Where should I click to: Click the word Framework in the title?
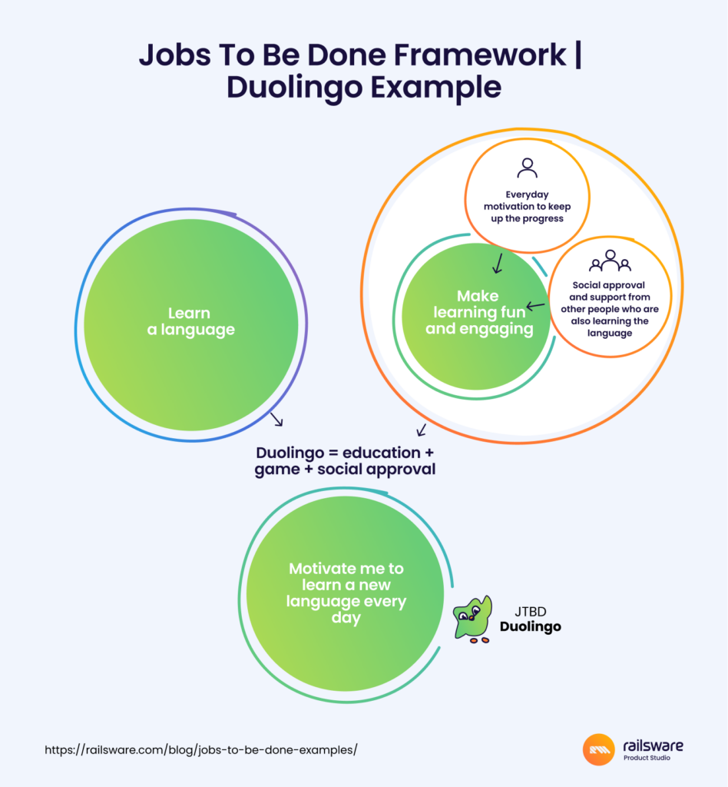[480, 55]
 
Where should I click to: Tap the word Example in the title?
[435, 88]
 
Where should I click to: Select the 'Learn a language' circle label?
[190, 321]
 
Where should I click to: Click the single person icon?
[527, 168]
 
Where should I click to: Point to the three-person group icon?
[610, 261]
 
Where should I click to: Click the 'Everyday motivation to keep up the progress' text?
[527, 206]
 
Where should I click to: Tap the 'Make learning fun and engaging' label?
[479, 312]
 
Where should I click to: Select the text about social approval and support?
[610, 309]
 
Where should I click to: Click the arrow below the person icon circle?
[498, 264]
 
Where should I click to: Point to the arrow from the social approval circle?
[535, 305]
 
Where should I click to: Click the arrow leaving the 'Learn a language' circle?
[276, 420]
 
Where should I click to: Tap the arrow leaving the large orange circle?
[421, 430]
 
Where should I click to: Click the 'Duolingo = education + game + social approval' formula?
[345, 461]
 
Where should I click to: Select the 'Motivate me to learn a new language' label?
[346, 593]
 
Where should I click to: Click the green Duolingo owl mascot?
[472, 619]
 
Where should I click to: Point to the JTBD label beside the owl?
[531, 611]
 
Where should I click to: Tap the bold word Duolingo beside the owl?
[531, 627]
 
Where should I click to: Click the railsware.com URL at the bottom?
[200, 750]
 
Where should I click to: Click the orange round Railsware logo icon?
[599, 749]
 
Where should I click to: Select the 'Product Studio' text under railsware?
[647, 758]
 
